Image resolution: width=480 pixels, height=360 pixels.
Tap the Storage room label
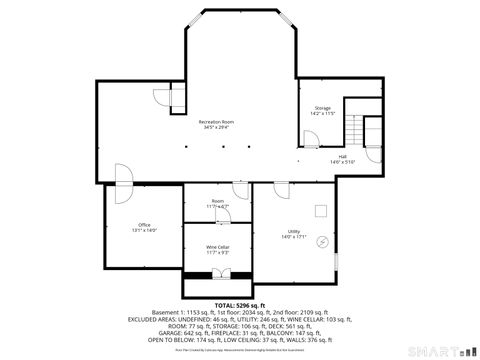(x=322, y=107)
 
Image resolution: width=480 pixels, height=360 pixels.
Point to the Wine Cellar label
(x=218, y=246)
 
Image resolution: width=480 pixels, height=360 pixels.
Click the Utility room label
(x=293, y=231)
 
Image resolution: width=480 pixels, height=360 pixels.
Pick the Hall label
(x=342, y=156)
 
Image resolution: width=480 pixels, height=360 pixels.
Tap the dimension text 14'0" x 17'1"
(x=293, y=237)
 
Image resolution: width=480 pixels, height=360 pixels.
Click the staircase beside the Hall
(x=371, y=130)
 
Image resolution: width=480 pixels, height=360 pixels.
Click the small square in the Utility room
(x=320, y=210)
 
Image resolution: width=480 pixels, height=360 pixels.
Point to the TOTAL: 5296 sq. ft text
(x=239, y=305)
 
